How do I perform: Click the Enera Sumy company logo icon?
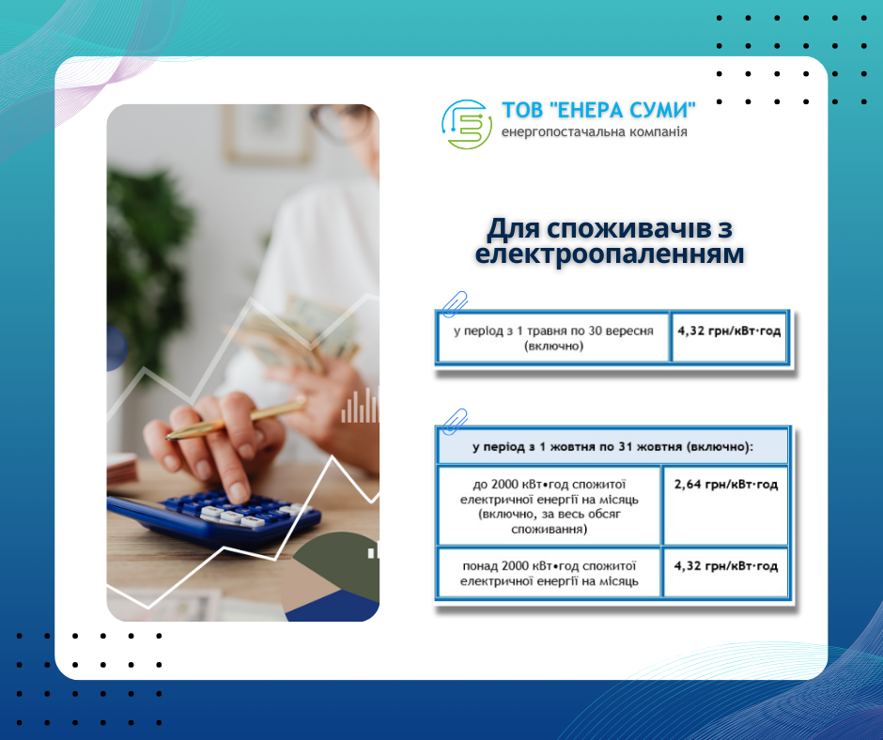pyautogui.click(x=466, y=125)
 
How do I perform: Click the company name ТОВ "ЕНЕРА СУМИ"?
pyautogui.click(x=598, y=111)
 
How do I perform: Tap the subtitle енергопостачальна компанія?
pyautogui.click(x=594, y=131)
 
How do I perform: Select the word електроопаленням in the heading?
pyautogui.click(x=610, y=254)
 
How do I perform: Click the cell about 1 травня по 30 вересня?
pyautogui.click(x=553, y=337)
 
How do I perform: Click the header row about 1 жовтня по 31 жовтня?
pyautogui.click(x=612, y=447)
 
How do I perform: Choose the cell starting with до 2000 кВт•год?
pyautogui.click(x=550, y=506)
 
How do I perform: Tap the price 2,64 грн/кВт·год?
pyautogui.click(x=725, y=484)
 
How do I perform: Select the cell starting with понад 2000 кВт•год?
pyautogui.click(x=550, y=572)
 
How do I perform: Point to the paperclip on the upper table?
pyautogui.click(x=455, y=304)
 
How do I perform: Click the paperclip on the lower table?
pyautogui.click(x=455, y=422)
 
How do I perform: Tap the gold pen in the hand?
pyautogui.click(x=236, y=418)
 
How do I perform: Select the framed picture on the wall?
pyautogui.click(x=268, y=134)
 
